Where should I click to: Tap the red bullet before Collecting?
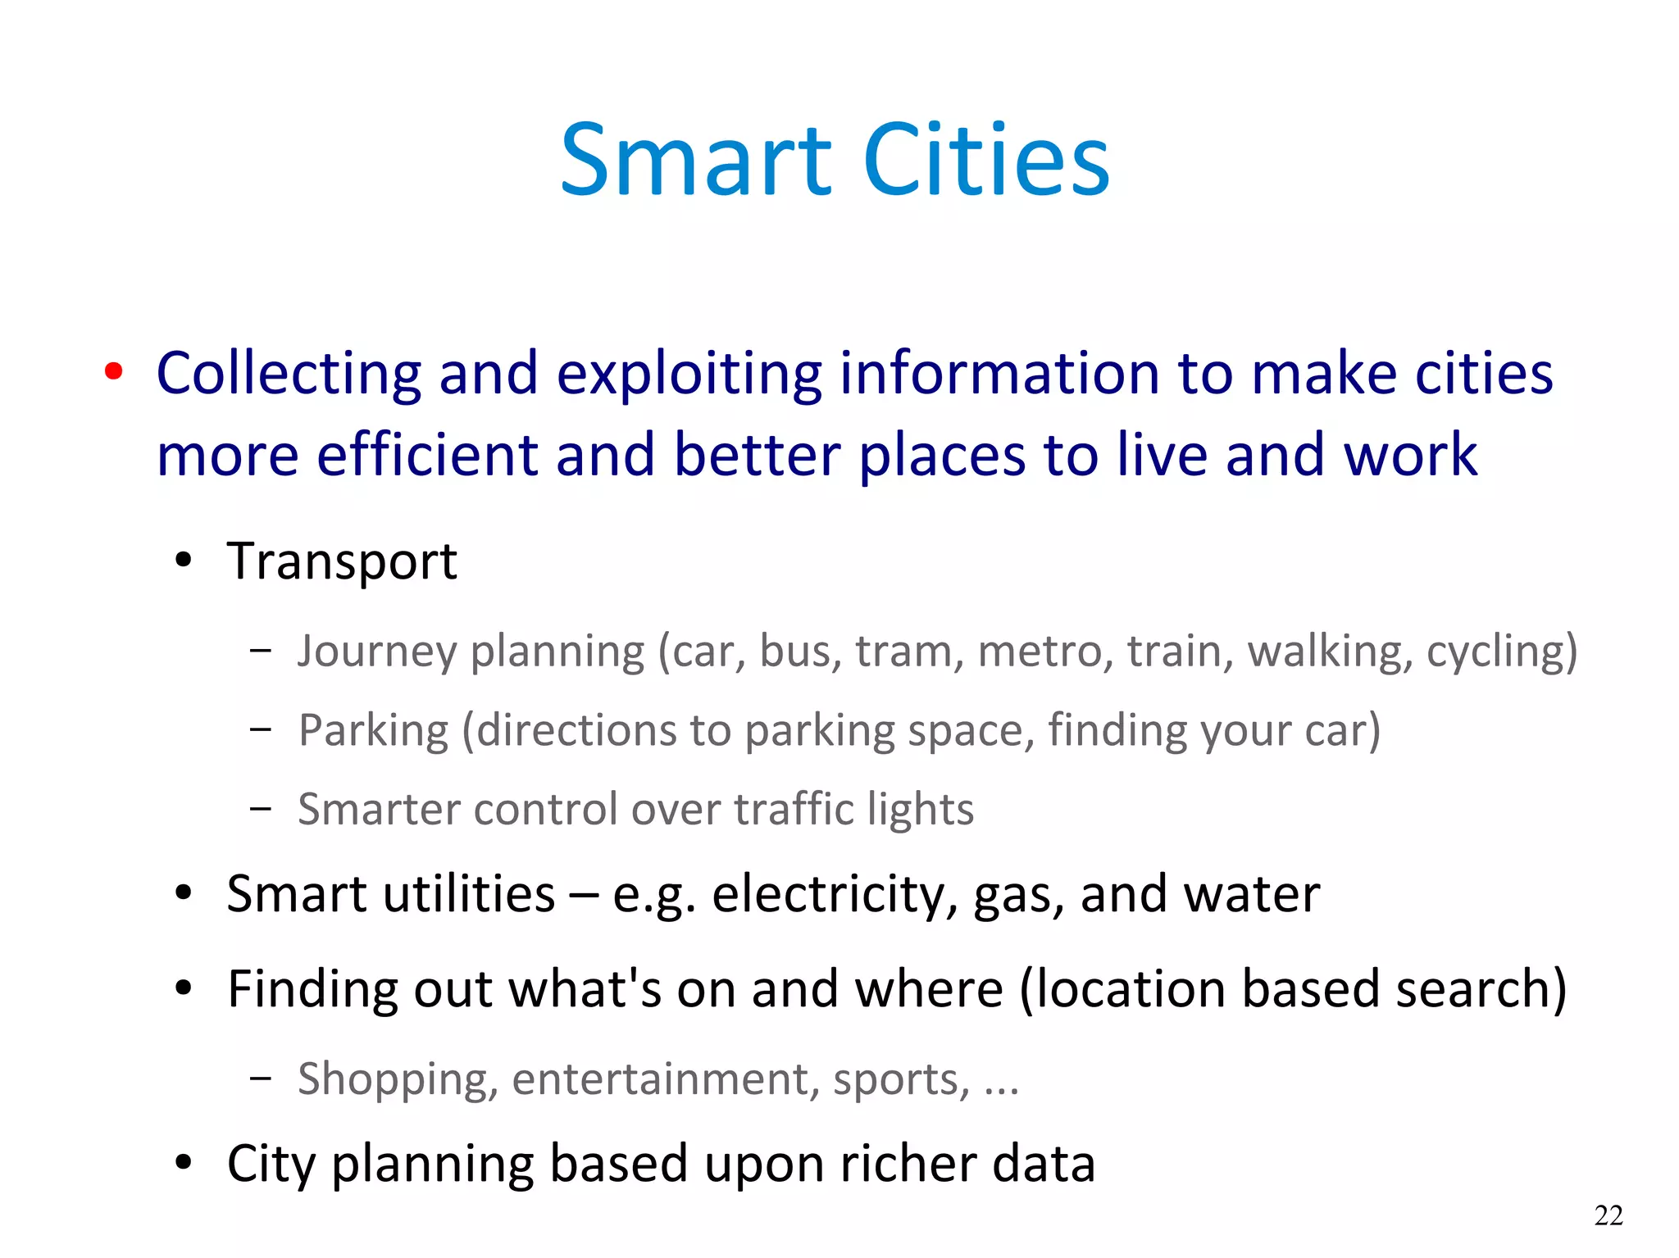coord(114,371)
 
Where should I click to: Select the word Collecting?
coord(289,375)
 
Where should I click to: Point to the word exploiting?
coord(689,375)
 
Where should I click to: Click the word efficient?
coord(427,456)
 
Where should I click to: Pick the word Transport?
coord(342,562)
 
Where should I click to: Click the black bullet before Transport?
coord(184,561)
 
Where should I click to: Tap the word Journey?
coord(376,652)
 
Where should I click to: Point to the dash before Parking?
coord(261,729)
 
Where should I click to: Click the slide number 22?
coord(1608,1215)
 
